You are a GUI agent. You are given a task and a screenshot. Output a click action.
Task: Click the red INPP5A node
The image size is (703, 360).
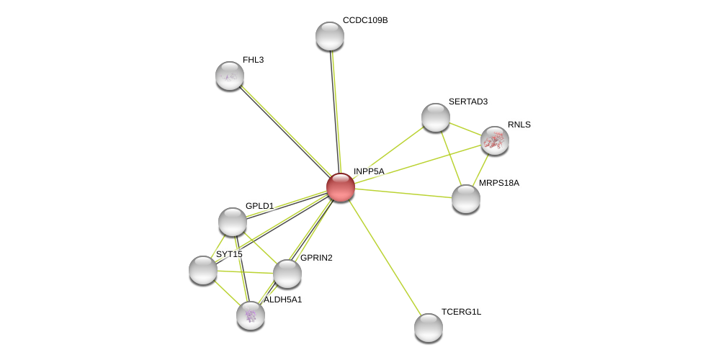click(x=341, y=187)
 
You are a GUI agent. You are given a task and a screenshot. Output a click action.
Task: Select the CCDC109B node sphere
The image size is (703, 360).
click(x=330, y=36)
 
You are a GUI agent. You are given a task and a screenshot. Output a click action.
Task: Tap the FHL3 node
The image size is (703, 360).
click(x=230, y=76)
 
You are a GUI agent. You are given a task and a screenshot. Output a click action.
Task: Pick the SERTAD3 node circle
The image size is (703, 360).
click(x=435, y=117)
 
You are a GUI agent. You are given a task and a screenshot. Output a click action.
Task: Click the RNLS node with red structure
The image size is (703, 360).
click(x=495, y=141)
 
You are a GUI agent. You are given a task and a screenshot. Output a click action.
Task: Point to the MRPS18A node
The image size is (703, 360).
click(x=466, y=199)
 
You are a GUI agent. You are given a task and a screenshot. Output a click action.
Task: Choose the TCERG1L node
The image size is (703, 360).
click(x=429, y=328)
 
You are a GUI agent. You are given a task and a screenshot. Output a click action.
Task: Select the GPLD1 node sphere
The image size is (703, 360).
click(x=232, y=222)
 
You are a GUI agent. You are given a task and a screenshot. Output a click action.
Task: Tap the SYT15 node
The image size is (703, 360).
click(x=203, y=270)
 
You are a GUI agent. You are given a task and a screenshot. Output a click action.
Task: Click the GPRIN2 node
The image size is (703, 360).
click(x=287, y=274)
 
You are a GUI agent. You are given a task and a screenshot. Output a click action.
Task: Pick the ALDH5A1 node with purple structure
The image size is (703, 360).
click(x=251, y=315)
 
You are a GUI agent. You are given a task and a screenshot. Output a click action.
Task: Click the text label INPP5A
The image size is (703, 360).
click(x=369, y=171)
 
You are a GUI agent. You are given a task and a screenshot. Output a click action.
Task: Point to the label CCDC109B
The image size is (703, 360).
click(x=365, y=21)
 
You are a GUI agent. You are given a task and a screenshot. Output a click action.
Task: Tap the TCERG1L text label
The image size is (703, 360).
click(x=461, y=312)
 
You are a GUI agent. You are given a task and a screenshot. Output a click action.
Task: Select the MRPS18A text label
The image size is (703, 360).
click(x=499, y=183)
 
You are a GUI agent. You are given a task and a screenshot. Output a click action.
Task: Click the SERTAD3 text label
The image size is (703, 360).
click(x=468, y=102)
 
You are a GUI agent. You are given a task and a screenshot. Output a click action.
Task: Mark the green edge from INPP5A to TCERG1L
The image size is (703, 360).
click(x=385, y=258)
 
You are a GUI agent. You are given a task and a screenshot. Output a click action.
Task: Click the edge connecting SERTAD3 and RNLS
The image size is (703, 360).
click(x=465, y=129)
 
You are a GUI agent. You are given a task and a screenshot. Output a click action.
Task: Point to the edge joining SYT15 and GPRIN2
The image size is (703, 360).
click(x=245, y=271)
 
